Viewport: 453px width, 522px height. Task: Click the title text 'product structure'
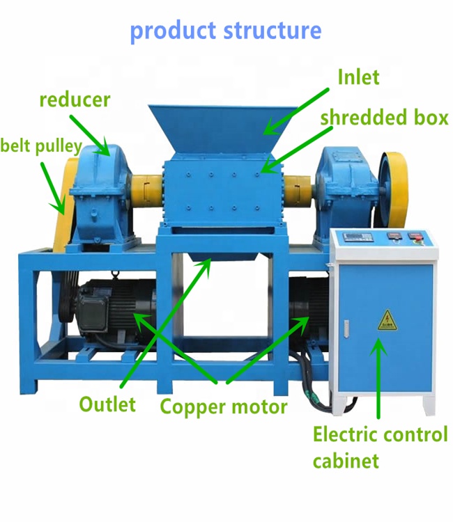point(226,31)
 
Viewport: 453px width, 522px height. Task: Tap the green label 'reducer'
point(75,100)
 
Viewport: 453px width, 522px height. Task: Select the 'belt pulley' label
point(40,147)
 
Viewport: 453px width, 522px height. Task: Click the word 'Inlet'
point(358,77)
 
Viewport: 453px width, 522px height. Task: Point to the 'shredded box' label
point(384,118)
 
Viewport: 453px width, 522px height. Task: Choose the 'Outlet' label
point(107,404)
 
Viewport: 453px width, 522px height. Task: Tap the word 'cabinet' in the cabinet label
point(346,460)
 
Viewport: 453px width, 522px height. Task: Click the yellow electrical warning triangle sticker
point(385,321)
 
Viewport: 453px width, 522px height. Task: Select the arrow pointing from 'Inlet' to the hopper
point(296,110)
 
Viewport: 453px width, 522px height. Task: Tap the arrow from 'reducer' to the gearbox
point(88,132)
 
